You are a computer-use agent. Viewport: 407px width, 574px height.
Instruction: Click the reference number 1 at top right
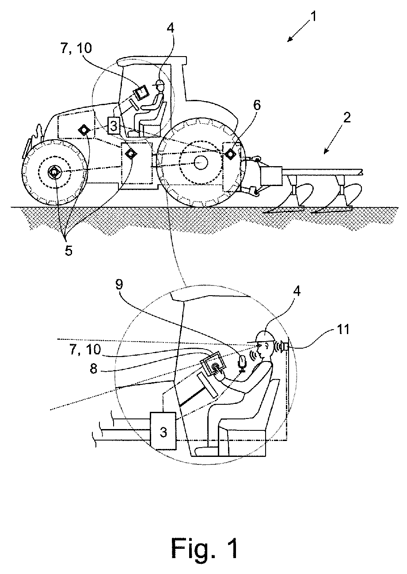coord(313,17)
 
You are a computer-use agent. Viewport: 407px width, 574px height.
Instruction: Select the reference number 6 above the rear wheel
coord(257,105)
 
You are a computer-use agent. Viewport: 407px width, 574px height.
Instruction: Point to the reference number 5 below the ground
coord(68,251)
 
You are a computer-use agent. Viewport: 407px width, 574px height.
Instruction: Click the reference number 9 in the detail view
coord(119,285)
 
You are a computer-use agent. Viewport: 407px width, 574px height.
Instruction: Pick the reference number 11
coord(343,329)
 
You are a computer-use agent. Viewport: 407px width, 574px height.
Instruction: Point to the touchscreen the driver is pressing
coord(213,364)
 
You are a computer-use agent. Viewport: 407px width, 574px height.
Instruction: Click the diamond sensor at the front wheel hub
coord(54,173)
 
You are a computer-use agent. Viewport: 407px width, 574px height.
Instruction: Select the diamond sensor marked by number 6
coord(230,155)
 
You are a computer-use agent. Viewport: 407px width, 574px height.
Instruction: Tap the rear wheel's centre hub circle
coord(201,163)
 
